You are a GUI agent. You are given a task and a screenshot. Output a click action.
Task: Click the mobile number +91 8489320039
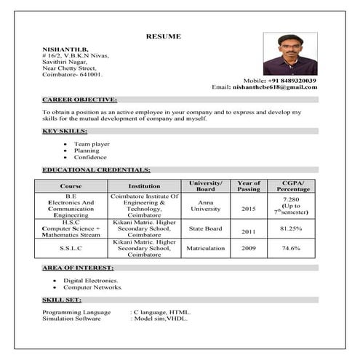point(289,79)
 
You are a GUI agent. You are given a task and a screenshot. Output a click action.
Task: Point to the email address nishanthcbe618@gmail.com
point(275,87)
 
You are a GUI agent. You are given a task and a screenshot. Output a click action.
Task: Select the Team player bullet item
point(92,144)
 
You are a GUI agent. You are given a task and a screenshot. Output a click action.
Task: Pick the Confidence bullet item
point(90,157)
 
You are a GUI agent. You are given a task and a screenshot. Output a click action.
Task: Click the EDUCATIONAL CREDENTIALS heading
point(96,169)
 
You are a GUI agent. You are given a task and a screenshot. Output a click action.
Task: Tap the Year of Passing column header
point(249,185)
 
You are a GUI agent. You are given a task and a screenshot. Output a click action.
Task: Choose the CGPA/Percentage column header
point(293,185)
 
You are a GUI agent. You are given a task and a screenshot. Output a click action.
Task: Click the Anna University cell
point(205,205)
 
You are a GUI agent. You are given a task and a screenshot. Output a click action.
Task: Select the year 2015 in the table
point(249,209)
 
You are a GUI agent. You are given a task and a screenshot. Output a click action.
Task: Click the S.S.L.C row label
point(71,248)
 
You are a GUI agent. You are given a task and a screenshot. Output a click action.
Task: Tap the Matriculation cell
point(205,248)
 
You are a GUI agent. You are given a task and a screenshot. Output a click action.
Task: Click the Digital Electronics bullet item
point(91,280)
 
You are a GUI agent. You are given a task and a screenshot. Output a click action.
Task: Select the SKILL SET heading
point(62,299)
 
